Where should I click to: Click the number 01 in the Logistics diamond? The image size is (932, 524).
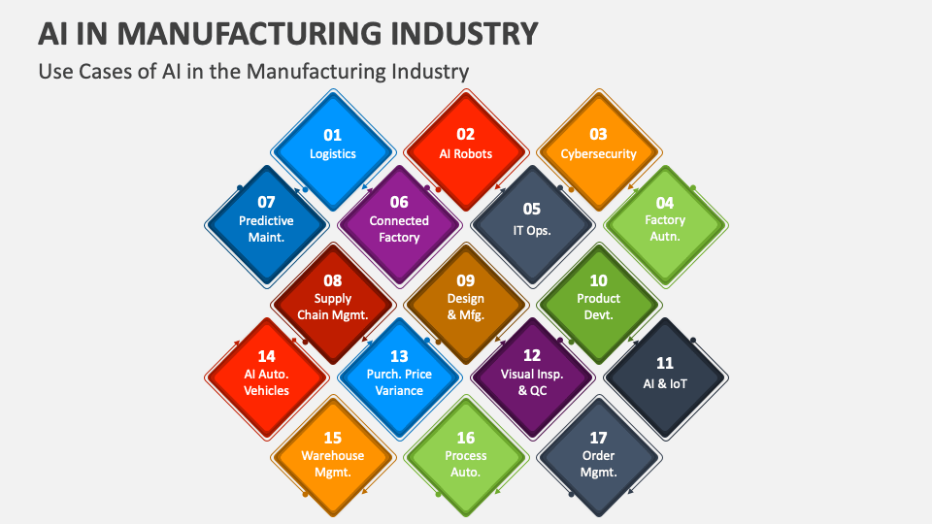332,135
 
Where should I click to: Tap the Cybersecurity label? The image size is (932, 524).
598,153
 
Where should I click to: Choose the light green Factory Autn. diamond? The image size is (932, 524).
665,218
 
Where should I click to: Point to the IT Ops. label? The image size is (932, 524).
532,230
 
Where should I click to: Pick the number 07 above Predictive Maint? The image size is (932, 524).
266,202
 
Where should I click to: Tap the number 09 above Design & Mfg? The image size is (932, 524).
466,280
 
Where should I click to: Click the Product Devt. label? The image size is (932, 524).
598,307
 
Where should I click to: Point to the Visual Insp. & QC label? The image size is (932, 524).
532,382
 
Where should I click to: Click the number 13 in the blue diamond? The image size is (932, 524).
399,356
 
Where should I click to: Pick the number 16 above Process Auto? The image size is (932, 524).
466,438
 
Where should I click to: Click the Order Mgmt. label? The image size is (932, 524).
598,464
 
